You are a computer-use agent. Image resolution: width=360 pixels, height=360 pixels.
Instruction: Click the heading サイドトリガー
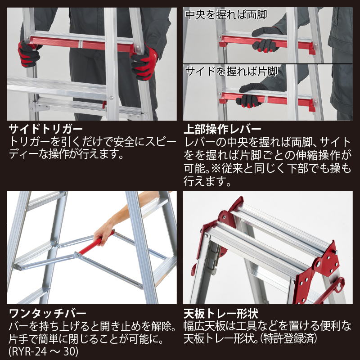tap(45, 129)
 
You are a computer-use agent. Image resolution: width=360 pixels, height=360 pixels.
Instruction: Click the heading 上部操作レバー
tap(222, 129)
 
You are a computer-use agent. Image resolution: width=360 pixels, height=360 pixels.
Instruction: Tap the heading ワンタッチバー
tap(47, 313)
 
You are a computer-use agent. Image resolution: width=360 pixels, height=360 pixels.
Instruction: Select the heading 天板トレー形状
tap(221, 313)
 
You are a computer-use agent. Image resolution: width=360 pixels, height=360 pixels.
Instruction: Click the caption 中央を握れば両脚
tap(226, 15)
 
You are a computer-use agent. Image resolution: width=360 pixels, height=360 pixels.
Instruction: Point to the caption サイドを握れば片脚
tap(231, 72)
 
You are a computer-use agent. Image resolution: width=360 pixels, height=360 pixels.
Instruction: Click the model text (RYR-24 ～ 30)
tap(43, 351)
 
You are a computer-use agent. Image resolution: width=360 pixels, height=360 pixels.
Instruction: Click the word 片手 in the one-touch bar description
tap(19, 339)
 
